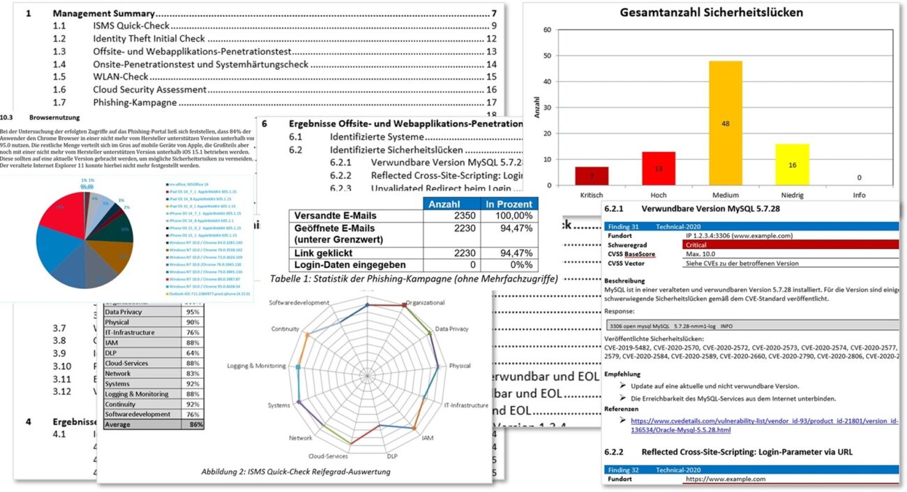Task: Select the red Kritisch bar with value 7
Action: (592, 177)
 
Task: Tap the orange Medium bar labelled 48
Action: (726, 123)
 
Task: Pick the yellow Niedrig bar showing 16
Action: (793, 165)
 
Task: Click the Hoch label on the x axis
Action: (659, 195)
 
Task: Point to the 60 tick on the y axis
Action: (547, 30)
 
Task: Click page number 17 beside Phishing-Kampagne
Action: (491, 103)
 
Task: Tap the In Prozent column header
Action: (509, 204)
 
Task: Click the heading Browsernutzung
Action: (55, 118)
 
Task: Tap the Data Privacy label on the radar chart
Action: (451, 328)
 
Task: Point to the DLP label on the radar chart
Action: (391, 455)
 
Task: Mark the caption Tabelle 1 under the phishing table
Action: (412, 280)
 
